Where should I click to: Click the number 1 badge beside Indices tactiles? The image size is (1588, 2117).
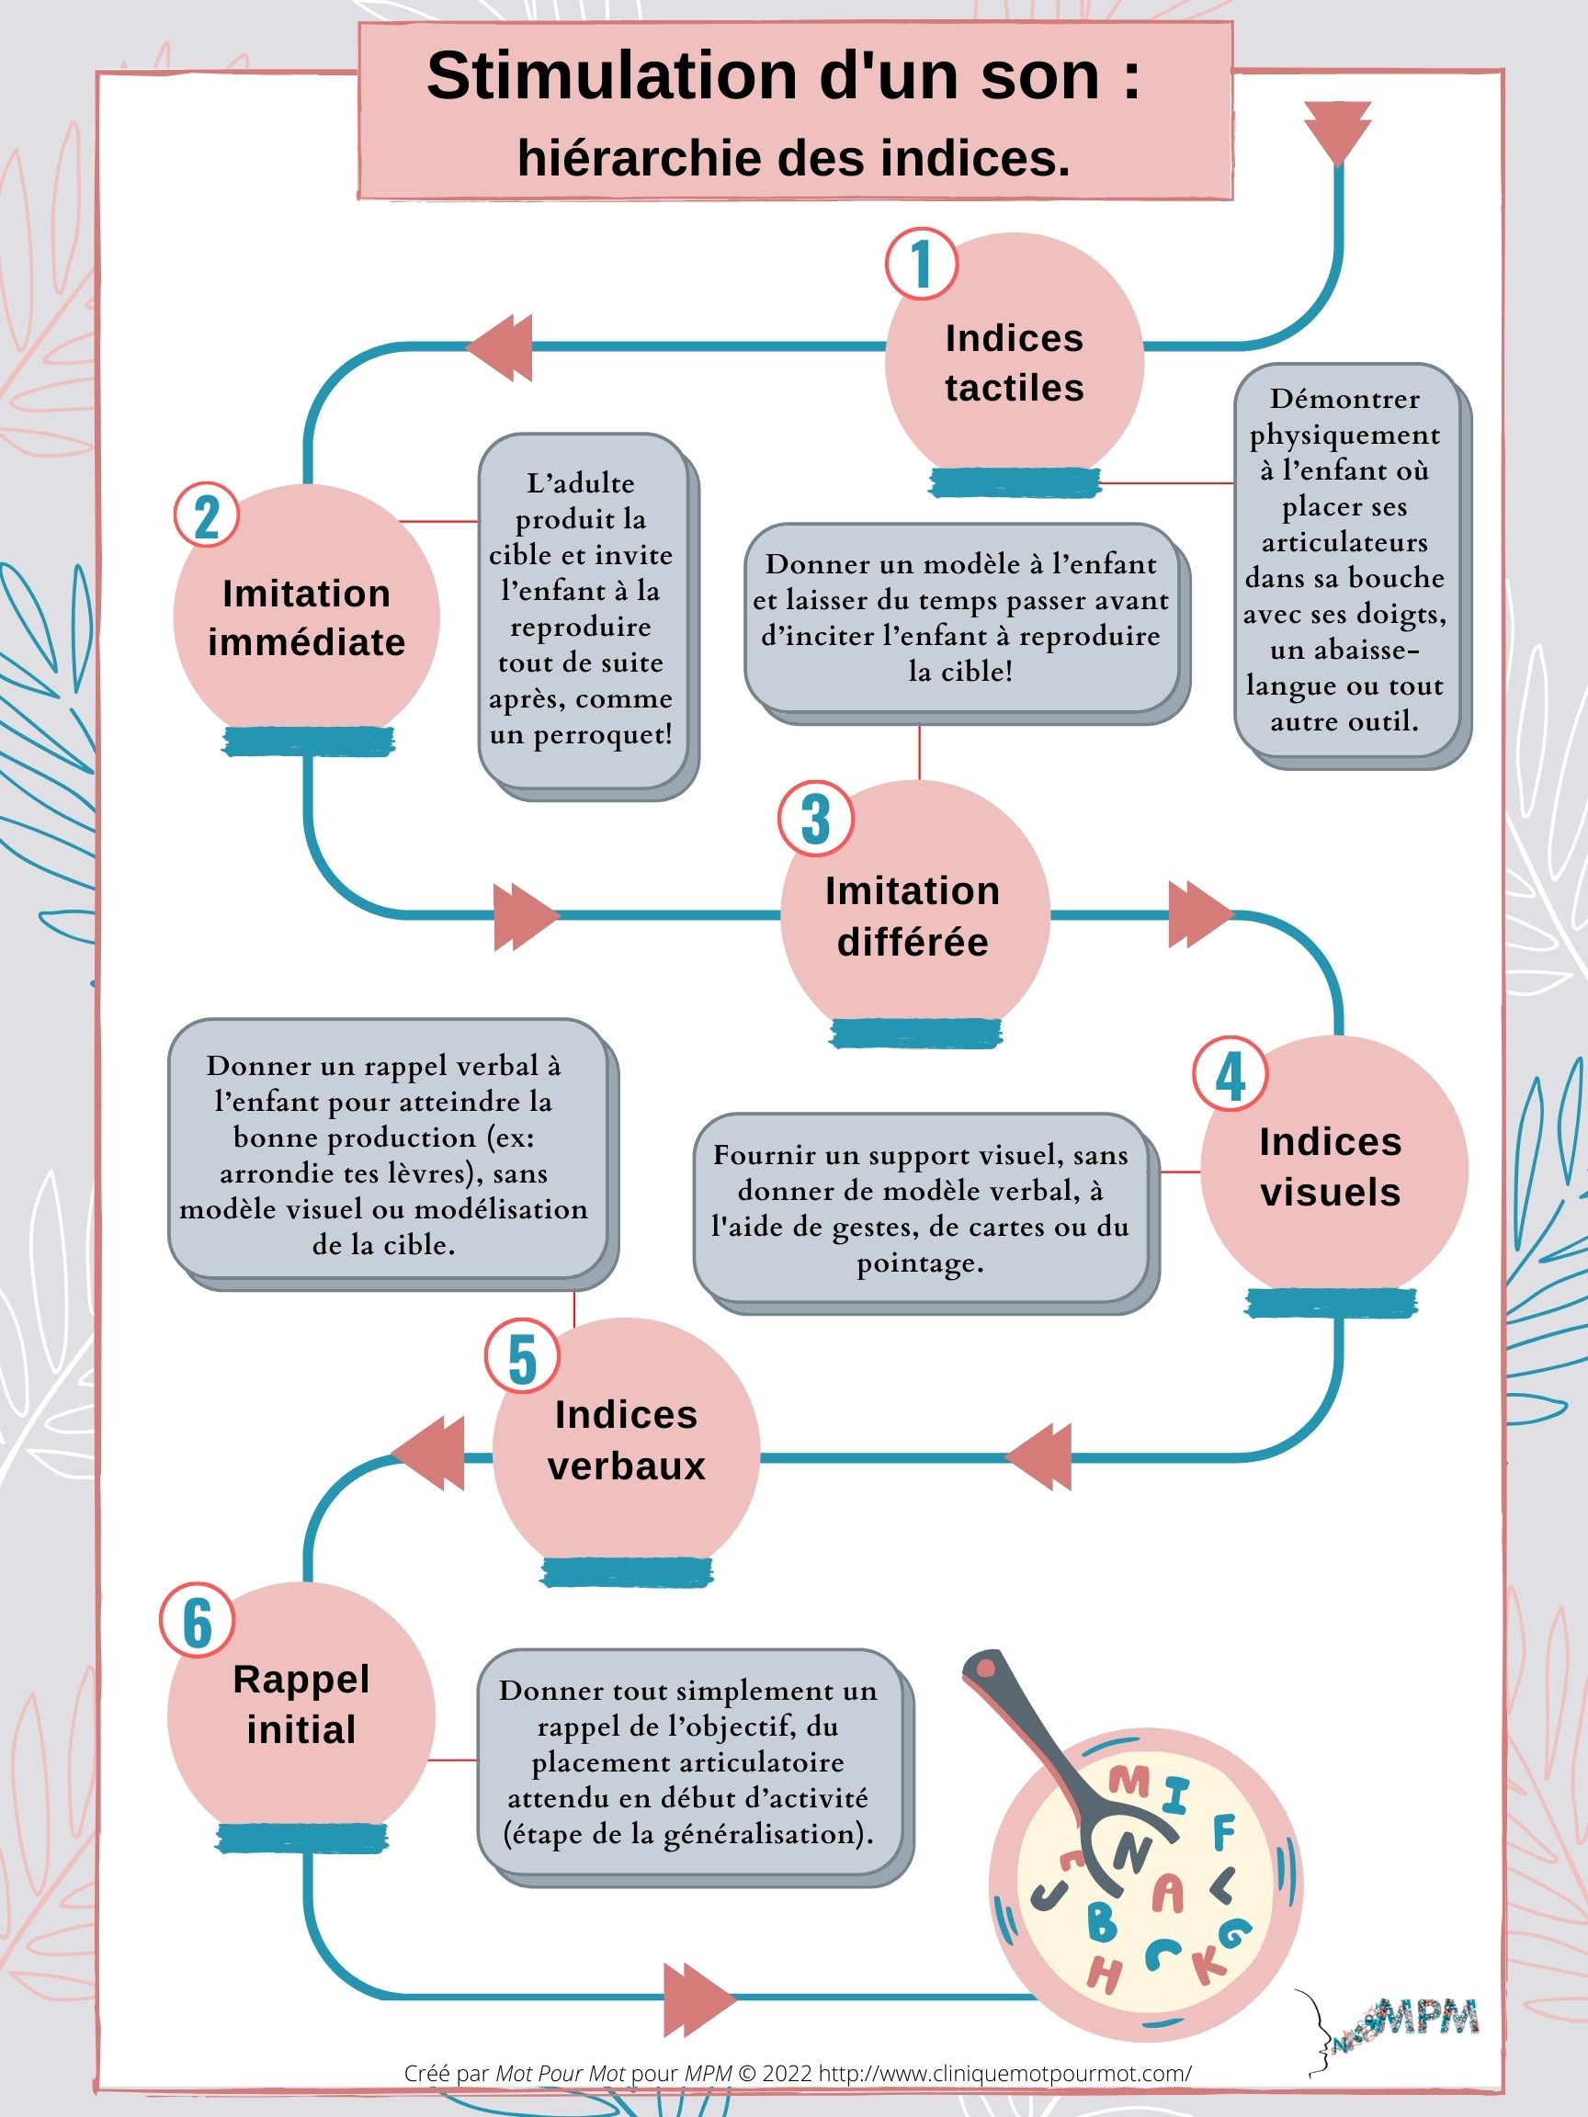[x=921, y=263]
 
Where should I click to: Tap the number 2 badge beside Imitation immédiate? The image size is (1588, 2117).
[x=207, y=515]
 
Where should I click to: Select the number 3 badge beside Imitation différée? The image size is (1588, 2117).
[x=815, y=819]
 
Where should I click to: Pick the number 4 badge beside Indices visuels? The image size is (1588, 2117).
[x=1230, y=1074]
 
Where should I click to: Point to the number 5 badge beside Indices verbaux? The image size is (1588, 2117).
[x=522, y=1356]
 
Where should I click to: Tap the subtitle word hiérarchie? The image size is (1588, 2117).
[x=635, y=159]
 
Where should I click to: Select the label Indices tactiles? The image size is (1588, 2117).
[x=1015, y=363]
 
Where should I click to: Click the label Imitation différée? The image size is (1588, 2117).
[x=913, y=916]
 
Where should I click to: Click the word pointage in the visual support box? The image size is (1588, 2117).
[x=920, y=1264]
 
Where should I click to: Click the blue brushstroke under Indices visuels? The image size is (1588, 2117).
[x=1331, y=1303]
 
